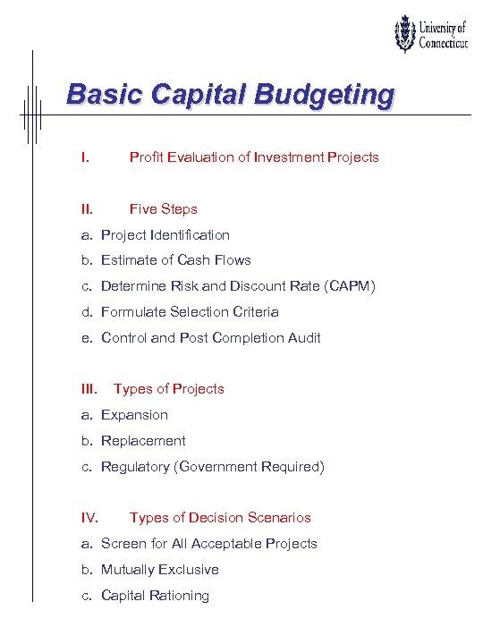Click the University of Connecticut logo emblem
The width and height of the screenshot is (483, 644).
coord(406,35)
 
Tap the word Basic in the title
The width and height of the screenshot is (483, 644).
coord(99,94)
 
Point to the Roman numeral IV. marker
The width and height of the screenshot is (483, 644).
coord(89,518)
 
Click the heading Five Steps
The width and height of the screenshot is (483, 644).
coord(163,209)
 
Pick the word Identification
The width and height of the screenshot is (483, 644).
coord(188,235)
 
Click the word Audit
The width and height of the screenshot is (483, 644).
coord(303,338)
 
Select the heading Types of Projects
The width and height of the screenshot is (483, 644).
coord(168,389)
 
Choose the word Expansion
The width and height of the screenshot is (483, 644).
coord(134,415)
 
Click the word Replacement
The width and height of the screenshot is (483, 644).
coord(143,441)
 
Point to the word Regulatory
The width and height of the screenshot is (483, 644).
coord(135,467)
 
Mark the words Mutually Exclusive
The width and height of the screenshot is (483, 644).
coord(160,570)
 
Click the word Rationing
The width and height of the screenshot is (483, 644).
coord(178,596)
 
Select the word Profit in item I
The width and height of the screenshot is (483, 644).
coord(146,157)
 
